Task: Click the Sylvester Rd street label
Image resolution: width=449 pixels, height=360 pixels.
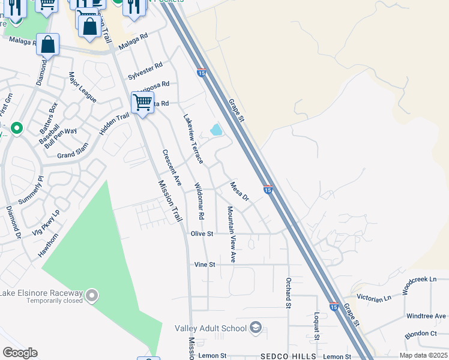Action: click(145, 71)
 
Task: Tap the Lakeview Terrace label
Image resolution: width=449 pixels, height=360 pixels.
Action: click(193, 139)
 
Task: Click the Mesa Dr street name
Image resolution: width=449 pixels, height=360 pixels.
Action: click(240, 191)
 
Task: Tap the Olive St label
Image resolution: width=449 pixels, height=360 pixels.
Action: click(202, 233)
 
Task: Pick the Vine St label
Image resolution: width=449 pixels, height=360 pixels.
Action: click(205, 264)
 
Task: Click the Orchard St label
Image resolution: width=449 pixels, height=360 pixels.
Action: click(289, 293)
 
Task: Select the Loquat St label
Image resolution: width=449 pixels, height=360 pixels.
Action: click(316, 325)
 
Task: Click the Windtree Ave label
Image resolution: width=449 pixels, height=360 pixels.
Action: click(426, 316)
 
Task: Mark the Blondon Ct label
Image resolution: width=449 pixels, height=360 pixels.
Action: click(421, 334)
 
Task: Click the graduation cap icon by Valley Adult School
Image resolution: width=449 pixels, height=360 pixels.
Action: click(256, 328)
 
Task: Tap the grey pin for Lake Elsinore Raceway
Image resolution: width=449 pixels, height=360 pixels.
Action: click(91, 295)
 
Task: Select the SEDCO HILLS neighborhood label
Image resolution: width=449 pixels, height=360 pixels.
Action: click(288, 356)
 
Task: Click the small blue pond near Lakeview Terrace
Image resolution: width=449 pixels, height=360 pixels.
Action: click(215, 130)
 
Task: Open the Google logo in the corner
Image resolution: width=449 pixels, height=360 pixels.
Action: click(20, 353)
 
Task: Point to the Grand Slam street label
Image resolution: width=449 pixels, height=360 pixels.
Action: click(73, 151)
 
